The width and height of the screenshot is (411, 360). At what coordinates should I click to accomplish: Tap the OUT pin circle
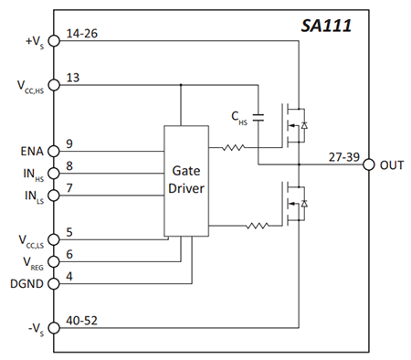pyautogui.click(x=369, y=164)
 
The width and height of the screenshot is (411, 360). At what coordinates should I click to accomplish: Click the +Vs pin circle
pyautogui.click(x=54, y=40)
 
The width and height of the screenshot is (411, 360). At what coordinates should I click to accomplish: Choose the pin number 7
pyautogui.click(x=70, y=186)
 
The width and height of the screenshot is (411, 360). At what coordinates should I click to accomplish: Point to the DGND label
pyautogui.click(x=26, y=283)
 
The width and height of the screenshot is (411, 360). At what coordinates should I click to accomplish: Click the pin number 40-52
pyautogui.click(x=83, y=319)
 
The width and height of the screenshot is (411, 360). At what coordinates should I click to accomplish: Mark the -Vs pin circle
pyautogui.click(x=54, y=327)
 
